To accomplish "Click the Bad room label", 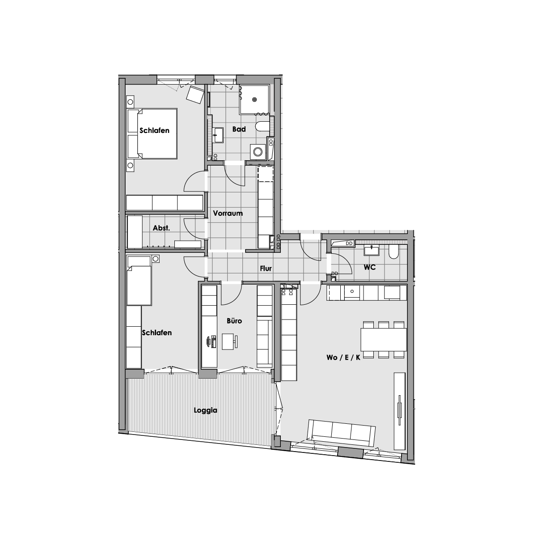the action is click(x=239, y=129).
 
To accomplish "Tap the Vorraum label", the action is click(x=228, y=213).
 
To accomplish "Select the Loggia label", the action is click(x=205, y=410).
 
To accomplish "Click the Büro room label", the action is click(x=234, y=321).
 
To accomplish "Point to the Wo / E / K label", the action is click(x=343, y=358).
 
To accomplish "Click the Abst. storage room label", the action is click(x=161, y=228).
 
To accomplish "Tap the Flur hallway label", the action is click(x=266, y=269).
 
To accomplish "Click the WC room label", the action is click(x=369, y=267).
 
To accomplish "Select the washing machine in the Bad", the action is click(x=258, y=151).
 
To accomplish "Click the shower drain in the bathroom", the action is click(x=254, y=100).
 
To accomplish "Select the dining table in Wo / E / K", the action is click(x=384, y=340).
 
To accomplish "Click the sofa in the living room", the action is click(x=342, y=433).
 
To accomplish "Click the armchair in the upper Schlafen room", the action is click(x=195, y=94).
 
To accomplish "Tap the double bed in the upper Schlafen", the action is click(x=152, y=133).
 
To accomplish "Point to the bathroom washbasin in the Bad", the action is click(x=218, y=135).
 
